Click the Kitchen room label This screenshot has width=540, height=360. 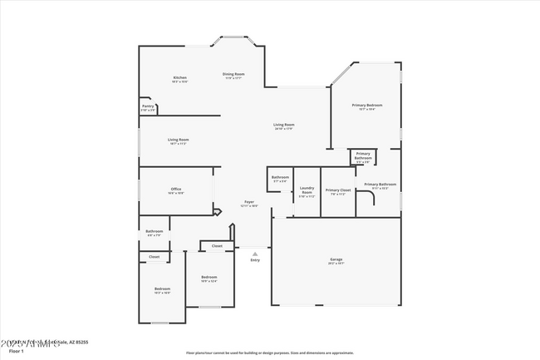pos(179,77)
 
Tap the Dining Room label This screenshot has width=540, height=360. pos(233,75)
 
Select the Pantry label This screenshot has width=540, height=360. pos(148,106)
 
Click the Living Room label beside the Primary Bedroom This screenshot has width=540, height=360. pos(284,125)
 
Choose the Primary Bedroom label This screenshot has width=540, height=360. pos(366,105)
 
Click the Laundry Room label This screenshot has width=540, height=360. pos(307,192)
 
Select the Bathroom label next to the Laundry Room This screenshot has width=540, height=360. pos(280,176)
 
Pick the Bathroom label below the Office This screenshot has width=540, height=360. pos(155,231)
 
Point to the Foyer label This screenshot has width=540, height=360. pos(248,202)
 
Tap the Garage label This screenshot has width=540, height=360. pos(336,259)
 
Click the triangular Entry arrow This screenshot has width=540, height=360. pos(255,254)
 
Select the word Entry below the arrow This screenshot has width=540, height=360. pos(255,260)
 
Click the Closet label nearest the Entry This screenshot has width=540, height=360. pos(217,246)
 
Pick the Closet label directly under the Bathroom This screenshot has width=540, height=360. pos(154,257)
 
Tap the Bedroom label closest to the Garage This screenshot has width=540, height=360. pos(209,277)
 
